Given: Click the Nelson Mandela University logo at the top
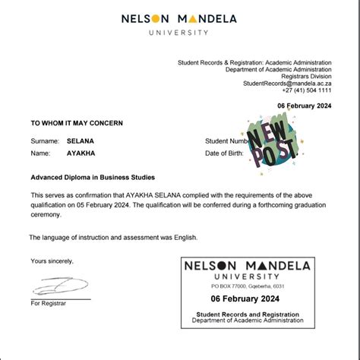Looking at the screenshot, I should pyautogui.click(x=179, y=23).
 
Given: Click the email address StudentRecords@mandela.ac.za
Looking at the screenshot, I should pyautogui.click(x=287, y=83).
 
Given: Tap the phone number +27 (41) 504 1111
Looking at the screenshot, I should pyautogui.click(x=304, y=90).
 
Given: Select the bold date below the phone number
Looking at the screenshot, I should pyautogui.click(x=305, y=105).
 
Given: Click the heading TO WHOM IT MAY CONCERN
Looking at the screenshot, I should pyautogui.click(x=76, y=122).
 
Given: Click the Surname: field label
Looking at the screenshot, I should pyautogui.click(x=45, y=141).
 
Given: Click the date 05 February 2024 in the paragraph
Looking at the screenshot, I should pyautogui.click(x=104, y=204).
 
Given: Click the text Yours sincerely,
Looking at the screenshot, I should pyautogui.click(x=52, y=261).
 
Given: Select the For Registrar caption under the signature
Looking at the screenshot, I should pyautogui.click(x=49, y=303).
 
